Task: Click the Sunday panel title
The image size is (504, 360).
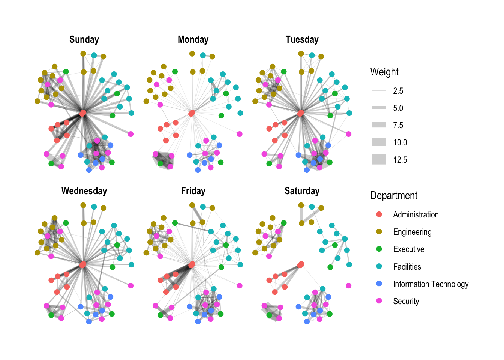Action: pos(84,40)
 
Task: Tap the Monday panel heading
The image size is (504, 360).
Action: pos(193,40)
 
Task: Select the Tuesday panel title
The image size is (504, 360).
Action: pos(302,40)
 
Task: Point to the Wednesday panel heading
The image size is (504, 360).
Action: pos(84,191)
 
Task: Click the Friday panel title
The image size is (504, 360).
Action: pos(193,191)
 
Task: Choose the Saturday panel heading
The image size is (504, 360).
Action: pos(302,191)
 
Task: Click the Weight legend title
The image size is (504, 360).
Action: pos(384,72)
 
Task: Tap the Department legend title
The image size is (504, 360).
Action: pos(394,196)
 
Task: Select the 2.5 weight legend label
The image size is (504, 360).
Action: pos(398,91)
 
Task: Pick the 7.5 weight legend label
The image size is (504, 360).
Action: pos(398,125)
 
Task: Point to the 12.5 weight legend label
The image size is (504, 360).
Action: pos(400,160)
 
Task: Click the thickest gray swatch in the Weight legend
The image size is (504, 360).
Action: pos(379,160)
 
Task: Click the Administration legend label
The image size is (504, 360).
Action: pos(415,214)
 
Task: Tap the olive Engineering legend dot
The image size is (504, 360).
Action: pos(379,232)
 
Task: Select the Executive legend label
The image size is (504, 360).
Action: pos(408,249)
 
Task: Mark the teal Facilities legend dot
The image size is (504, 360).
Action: pos(379,266)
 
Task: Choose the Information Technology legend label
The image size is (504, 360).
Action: pos(430,284)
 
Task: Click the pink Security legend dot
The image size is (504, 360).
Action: pos(379,301)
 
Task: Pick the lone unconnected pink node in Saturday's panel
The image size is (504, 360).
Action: pos(349,285)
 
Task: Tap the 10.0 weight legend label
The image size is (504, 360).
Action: pos(400,142)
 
